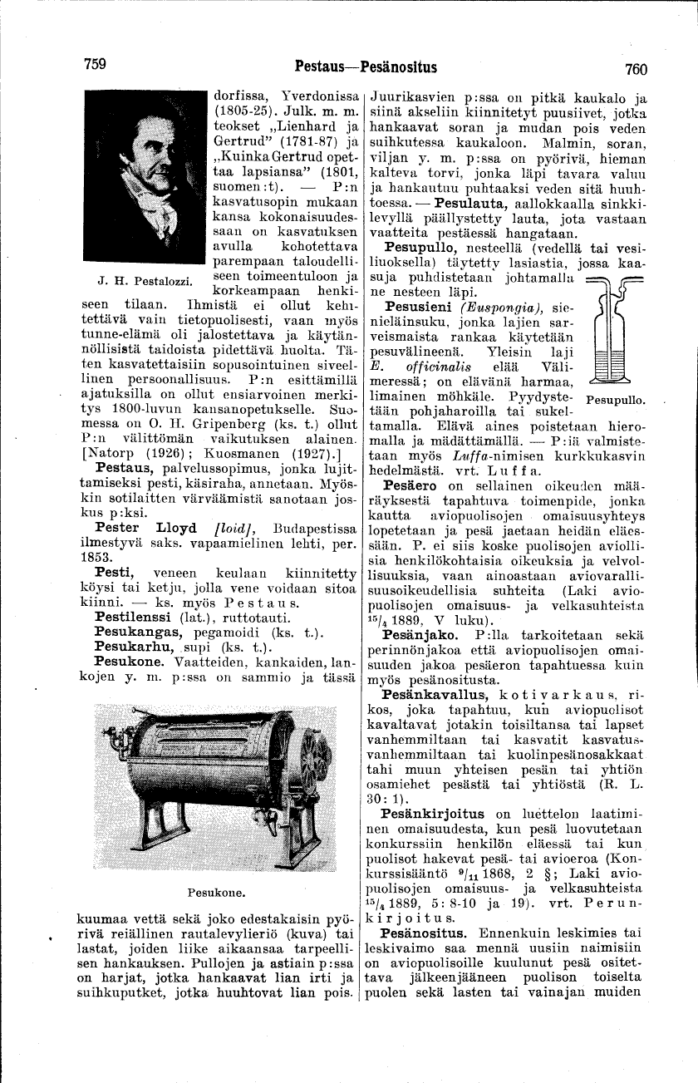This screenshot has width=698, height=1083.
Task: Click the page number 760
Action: click(x=631, y=69)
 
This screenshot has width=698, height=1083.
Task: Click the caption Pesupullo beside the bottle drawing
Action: click(x=615, y=400)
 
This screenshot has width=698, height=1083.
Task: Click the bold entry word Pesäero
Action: click(x=413, y=485)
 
